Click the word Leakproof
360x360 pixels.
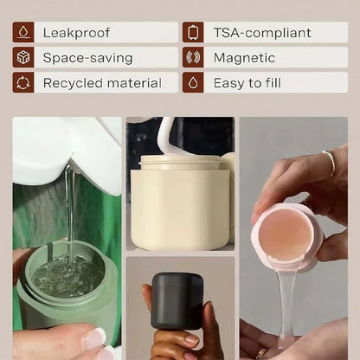coord(76,33)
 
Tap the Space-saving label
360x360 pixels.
coord(87,58)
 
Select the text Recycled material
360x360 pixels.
coord(102,83)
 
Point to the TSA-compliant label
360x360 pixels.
coord(262,33)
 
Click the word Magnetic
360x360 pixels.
coord(244,58)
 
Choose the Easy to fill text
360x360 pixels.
coord(247,83)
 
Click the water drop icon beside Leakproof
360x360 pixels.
coord(23,32)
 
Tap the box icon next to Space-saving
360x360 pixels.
coord(23,57)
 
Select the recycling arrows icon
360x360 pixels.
coord(23,83)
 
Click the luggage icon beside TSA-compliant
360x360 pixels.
coord(193,32)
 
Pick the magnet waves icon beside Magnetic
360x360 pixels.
coord(193,57)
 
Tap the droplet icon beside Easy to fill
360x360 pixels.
coord(193,83)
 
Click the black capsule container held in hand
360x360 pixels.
coord(177,301)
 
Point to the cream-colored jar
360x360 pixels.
coord(180,202)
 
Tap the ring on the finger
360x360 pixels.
coord(330,163)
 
